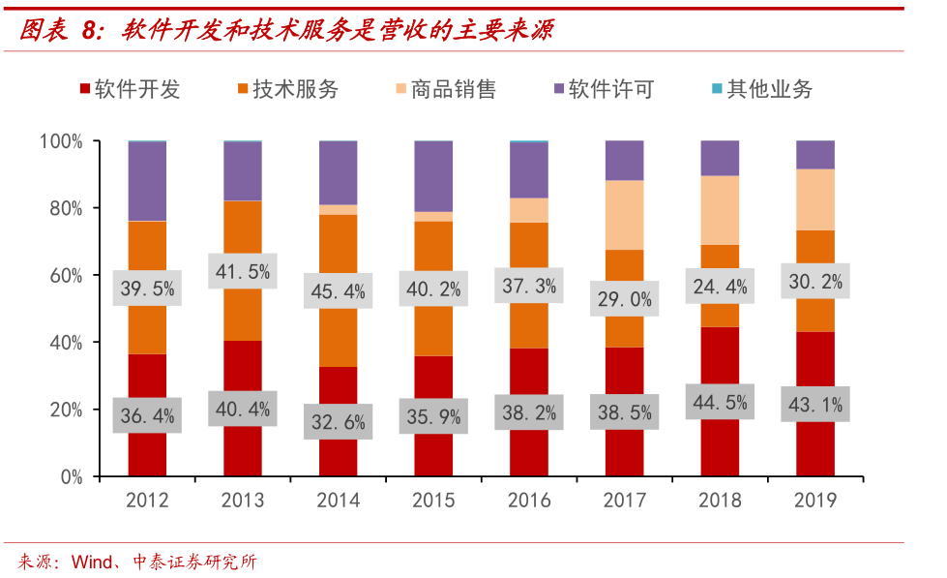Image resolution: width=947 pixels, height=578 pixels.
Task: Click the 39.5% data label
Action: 148,288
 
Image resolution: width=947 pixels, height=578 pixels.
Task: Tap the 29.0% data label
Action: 624,298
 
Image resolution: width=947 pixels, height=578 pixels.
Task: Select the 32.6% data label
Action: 339,421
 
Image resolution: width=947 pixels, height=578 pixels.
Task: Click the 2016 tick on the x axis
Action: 529,500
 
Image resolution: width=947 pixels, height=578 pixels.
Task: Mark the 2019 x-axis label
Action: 815,500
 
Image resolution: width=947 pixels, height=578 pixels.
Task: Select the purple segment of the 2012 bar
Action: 148,181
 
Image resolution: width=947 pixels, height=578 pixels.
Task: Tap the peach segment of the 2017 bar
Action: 624,215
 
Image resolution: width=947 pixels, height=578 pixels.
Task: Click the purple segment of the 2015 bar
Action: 433,176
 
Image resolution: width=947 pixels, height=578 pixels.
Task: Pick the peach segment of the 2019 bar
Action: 815,199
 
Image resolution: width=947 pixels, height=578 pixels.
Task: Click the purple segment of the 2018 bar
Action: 720,158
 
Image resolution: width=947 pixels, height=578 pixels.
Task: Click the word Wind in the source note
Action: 93,563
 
